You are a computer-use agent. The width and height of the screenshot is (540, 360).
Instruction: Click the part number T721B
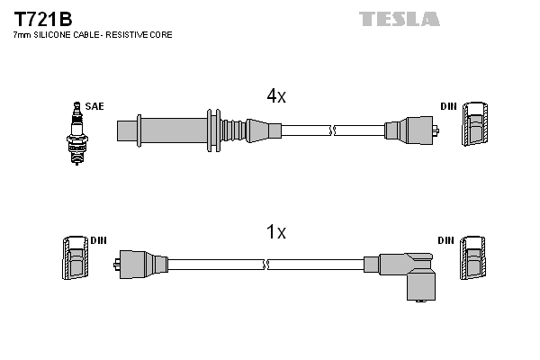pyautogui.click(x=41, y=19)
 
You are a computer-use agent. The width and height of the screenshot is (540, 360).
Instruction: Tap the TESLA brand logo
pyautogui.click(x=399, y=19)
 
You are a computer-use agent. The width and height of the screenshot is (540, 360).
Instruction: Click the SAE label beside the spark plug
pyautogui.click(x=95, y=106)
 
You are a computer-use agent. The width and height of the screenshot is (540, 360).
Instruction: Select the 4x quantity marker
pyautogui.click(x=275, y=96)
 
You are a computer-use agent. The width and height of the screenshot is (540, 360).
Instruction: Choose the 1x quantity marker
pyautogui.click(x=275, y=232)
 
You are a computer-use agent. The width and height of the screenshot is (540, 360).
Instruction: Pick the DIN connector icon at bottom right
pyautogui.click(x=475, y=261)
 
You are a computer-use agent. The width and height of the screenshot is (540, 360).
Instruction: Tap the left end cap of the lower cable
pyautogui.click(x=139, y=264)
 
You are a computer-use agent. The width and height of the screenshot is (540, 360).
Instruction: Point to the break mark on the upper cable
pyautogui.click(x=334, y=130)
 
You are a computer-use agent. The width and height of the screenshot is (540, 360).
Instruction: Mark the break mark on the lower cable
pyautogui.click(x=266, y=265)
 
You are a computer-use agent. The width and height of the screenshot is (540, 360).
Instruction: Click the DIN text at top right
pyautogui.click(x=448, y=106)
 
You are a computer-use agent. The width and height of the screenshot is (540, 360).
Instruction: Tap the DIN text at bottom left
pyautogui.click(x=98, y=241)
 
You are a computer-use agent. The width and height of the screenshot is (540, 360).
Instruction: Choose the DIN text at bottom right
pyautogui.click(x=446, y=241)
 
